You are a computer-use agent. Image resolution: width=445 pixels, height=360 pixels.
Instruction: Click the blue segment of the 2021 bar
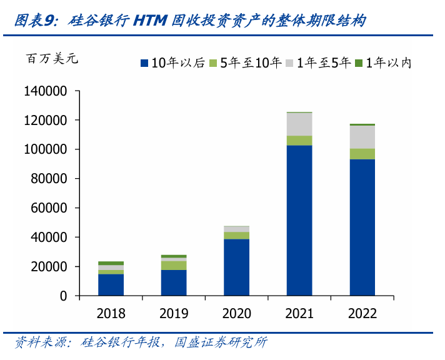pos(299,220)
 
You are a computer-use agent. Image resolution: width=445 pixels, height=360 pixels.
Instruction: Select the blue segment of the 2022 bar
pos(362,227)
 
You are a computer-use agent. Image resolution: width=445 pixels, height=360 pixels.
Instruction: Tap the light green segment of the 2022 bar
pos(362,154)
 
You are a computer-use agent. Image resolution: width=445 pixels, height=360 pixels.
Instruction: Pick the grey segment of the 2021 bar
pos(299,124)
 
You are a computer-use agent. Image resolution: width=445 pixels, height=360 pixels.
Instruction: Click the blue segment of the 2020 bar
pos(236,267)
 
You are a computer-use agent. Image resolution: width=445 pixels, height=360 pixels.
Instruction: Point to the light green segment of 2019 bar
pos(174,265)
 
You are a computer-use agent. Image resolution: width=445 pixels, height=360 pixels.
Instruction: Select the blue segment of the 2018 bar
pos(111,284)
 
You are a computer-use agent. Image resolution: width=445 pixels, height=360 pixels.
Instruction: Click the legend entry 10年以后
pos(173,62)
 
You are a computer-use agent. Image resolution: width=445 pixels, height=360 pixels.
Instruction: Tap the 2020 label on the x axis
pos(236,313)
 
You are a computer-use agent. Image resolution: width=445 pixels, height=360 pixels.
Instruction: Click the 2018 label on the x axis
pos(111,313)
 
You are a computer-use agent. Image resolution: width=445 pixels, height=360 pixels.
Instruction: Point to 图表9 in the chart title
pos(33,20)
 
